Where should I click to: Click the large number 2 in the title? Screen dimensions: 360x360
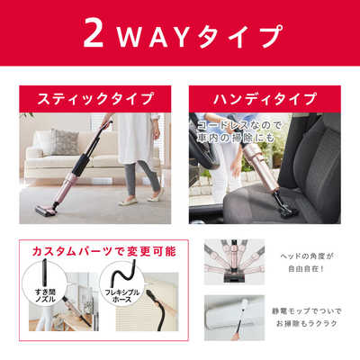[94, 33]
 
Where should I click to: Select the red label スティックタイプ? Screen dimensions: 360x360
[95, 99]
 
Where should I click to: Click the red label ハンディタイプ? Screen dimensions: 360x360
[265, 99]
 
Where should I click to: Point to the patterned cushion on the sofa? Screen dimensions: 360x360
[65, 142]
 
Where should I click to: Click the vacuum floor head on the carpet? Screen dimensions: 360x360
[45, 210]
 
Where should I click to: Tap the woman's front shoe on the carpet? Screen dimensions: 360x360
[128, 202]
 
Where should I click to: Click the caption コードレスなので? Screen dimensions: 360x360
[239, 125]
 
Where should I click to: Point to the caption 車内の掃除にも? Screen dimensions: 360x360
[236, 138]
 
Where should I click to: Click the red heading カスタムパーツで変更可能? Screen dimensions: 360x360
[103, 251]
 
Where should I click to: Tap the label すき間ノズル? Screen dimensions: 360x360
[45, 295]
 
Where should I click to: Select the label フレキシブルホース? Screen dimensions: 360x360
[121, 295]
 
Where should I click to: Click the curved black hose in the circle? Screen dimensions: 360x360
[123, 272]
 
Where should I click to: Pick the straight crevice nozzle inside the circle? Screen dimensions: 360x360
[45, 272]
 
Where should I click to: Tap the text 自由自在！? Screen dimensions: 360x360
[306, 269]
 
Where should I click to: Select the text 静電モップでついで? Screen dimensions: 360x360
[306, 311]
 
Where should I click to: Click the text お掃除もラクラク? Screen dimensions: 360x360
[306, 323]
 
